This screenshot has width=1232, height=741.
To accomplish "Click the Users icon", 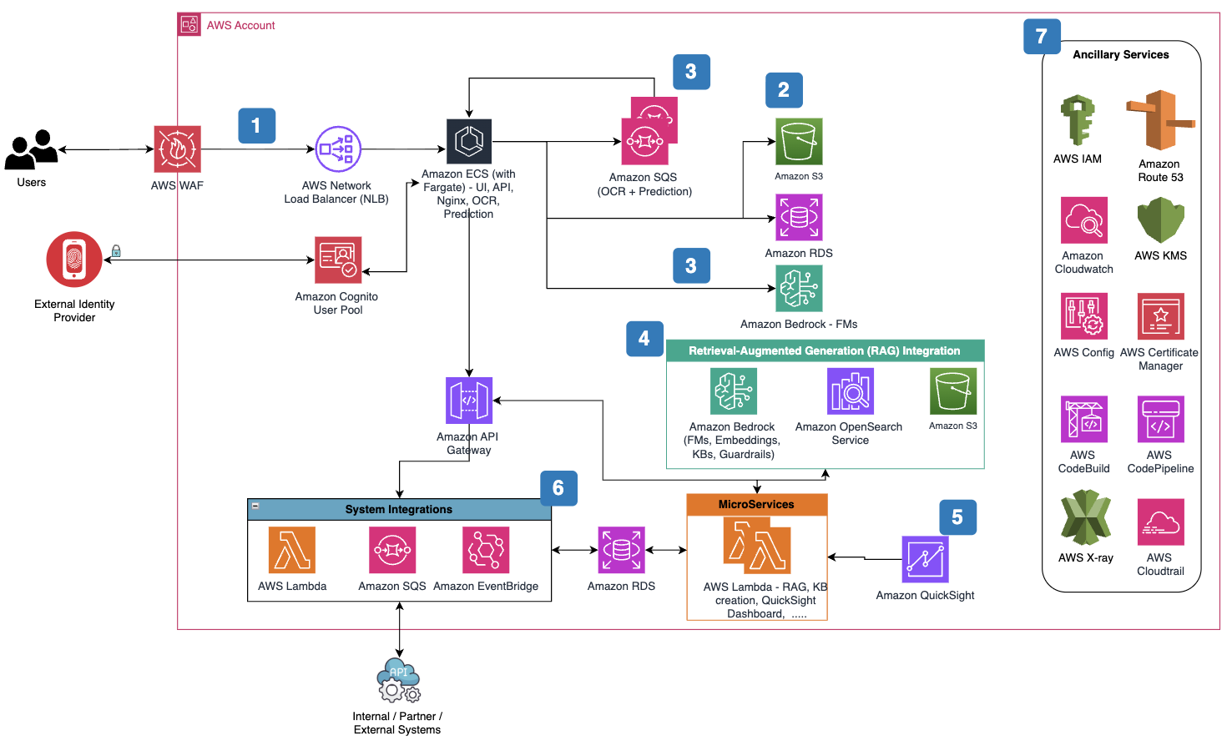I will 32,150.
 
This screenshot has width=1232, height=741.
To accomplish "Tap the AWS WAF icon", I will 177,149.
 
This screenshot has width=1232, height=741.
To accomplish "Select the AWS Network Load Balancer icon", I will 337,149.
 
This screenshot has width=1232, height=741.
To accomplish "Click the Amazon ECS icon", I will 469,142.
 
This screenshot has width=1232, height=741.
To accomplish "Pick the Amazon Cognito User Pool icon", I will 338,260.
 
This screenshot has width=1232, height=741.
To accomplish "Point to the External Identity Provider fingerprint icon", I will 74,260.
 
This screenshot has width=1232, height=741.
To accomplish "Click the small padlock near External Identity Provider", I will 116,251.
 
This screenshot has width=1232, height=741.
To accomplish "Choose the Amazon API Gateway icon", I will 469,401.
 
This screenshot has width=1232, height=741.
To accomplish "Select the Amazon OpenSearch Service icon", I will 851,391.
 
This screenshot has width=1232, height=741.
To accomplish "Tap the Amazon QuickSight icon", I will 925,559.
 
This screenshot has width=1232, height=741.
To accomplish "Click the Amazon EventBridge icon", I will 486,550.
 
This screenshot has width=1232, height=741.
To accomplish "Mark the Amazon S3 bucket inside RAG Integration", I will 953,391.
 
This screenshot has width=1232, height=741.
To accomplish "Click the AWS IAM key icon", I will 1078,120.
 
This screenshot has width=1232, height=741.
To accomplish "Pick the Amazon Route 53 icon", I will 1160,120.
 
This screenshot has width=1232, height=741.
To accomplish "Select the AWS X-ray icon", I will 1085,518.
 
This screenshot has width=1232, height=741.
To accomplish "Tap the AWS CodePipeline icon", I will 1160,419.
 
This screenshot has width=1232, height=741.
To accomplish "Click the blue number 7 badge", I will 1042,37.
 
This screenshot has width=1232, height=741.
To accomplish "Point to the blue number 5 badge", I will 957,517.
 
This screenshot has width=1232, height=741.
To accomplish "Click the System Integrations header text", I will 399,509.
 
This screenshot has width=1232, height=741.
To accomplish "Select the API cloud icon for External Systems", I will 399,680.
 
